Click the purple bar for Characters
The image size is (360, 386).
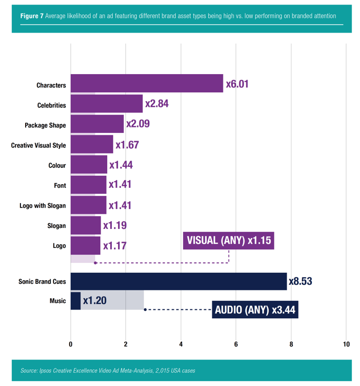146,84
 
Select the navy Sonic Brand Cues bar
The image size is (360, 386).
179,282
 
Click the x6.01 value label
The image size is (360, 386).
237,84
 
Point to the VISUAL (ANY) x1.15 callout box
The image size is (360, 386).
228,241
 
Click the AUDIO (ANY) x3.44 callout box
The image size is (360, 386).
255,310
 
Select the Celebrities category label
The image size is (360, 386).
51,105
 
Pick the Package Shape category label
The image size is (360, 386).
45,125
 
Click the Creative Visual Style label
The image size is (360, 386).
38,145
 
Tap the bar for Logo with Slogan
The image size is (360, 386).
89,205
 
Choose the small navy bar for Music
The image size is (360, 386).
76,301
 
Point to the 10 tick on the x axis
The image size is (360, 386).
346,345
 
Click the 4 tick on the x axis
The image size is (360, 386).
180,345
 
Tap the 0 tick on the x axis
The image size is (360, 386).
70,345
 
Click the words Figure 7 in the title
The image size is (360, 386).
32,16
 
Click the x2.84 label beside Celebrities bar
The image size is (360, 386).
156,103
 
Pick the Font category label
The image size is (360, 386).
60,186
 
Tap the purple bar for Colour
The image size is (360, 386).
89,165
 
